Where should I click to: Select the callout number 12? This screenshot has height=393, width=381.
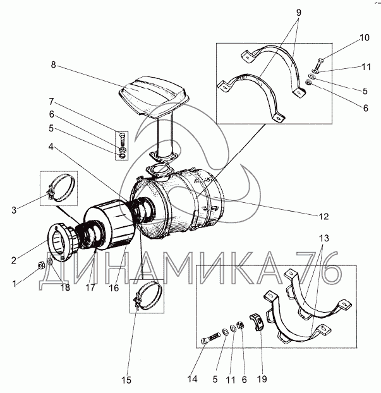pos(324,217)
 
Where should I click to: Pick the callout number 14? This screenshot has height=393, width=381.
pos(191,379)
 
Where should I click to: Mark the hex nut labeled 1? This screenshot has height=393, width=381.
pos(41,263)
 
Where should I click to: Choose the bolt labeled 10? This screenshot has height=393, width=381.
pos(319,63)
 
